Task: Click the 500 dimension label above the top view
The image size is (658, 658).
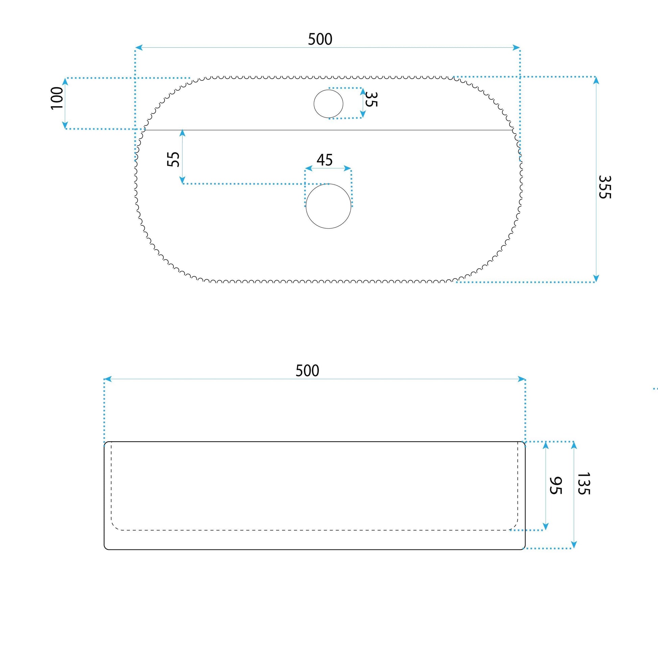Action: click(x=320, y=39)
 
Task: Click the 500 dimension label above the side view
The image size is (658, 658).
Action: click(x=307, y=371)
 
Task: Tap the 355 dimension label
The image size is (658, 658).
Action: click(x=605, y=187)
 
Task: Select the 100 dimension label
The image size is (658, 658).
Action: click(x=57, y=98)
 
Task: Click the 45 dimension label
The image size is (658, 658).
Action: click(x=325, y=160)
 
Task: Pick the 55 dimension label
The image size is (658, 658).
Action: click(x=173, y=159)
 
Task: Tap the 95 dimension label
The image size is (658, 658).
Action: click(x=555, y=485)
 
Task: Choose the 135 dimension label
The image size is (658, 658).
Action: click(x=583, y=483)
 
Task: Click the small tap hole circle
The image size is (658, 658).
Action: click(x=328, y=90)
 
